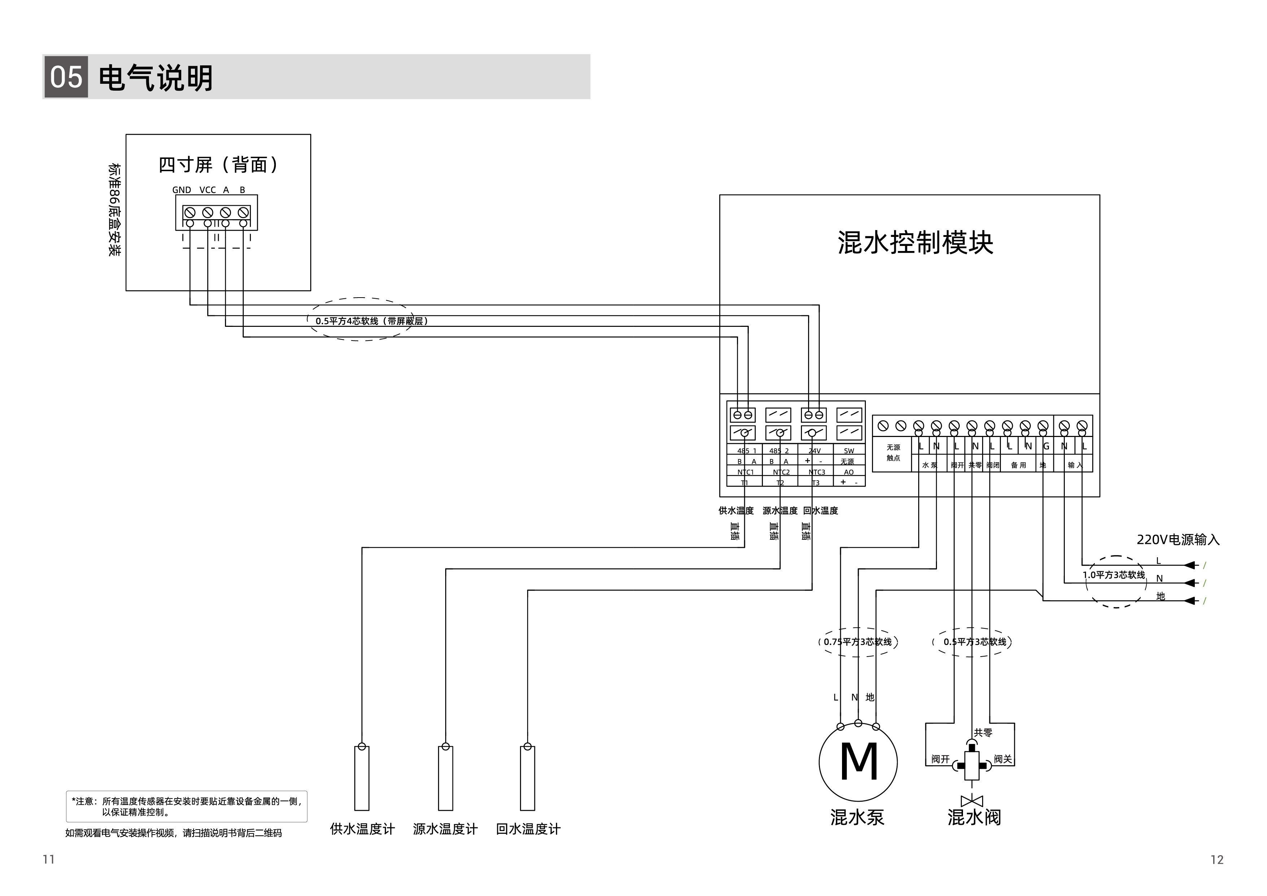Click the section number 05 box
(66, 77)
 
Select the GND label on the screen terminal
(182, 190)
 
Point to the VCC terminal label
(208, 190)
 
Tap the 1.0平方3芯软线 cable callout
(1114, 575)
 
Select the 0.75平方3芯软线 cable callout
(858, 641)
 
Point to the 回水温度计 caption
(528, 829)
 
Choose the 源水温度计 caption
(445, 829)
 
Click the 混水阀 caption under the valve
(974, 817)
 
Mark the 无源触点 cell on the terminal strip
(893, 453)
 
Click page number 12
(1217, 860)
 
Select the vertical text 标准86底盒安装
(114, 210)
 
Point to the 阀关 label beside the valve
(1003, 759)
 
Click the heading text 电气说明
(156, 77)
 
